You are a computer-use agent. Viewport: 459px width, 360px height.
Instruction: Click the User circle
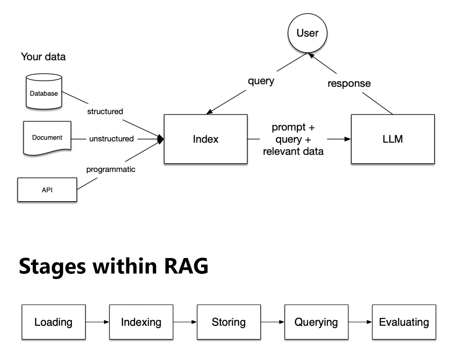(x=307, y=33)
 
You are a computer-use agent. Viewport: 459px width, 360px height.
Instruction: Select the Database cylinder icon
(x=44, y=92)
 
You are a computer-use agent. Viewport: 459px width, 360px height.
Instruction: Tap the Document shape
(x=47, y=137)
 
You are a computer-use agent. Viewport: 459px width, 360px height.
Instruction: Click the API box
(x=47, y=190)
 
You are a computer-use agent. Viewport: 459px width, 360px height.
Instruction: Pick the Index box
(x=206, y=139)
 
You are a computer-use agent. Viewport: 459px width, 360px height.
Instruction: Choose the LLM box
(x=393, y=139)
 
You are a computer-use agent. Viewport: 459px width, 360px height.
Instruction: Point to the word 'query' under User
(x=261, y=81)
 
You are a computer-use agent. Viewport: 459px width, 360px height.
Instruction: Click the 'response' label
(x=349, y=83)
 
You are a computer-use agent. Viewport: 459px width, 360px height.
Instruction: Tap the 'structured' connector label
(x=105, y=111)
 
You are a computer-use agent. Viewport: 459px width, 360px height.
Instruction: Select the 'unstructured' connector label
(x=111, y=139)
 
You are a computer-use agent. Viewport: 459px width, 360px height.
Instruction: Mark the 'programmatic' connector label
(x=111, y=169)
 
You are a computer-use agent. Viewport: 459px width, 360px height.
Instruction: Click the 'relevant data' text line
(x=293, y=151)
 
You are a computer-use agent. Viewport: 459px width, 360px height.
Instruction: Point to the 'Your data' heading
(x=43, y=56)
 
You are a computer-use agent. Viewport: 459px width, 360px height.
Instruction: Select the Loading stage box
(x=53, y=322)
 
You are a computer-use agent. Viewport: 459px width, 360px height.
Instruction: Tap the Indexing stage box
(x=141, y=322)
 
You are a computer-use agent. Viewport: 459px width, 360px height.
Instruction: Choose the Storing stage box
(x=229, y=322)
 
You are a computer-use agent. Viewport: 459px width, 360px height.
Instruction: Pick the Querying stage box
(x=316, y=322)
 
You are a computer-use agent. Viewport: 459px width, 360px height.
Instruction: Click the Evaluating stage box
(x=404, y=322)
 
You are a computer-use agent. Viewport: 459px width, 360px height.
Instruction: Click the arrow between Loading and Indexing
(x=97, y=322)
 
